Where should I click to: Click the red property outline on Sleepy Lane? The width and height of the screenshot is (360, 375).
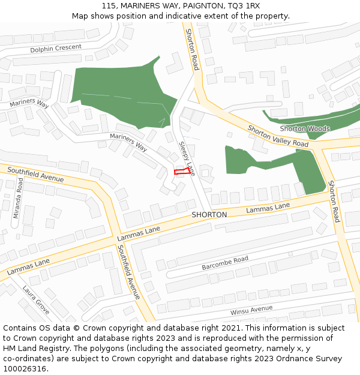[x=182, y=172]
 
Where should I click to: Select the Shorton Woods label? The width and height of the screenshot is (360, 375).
[x=305, y=129]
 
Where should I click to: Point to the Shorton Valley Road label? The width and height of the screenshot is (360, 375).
[x=278, y=136]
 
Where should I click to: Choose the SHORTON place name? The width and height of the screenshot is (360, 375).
[x=209, y=215]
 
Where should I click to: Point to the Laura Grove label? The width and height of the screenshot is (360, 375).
[x=35, y=299]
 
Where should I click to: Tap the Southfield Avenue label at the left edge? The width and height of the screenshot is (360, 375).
[x=35, y=175]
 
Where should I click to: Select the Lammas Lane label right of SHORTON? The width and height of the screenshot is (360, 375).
[x=268, y=208]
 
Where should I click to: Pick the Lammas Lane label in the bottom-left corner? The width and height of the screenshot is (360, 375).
[x=29, y=267]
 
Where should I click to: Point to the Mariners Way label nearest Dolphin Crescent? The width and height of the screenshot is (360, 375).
[x=29, y=104]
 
